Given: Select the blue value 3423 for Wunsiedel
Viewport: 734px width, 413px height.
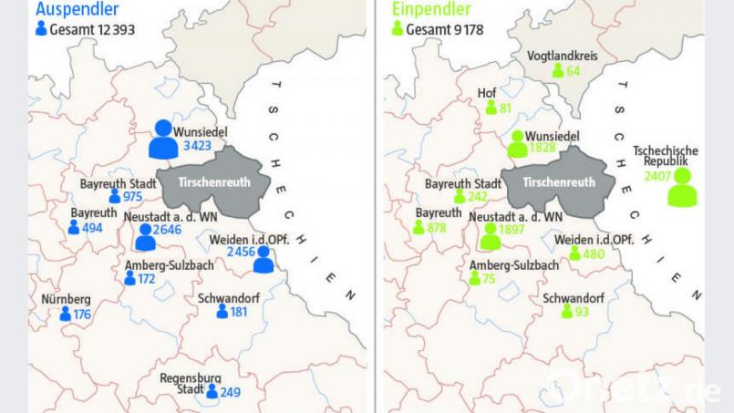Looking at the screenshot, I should point(197,146).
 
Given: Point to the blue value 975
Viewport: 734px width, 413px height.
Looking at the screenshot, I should point(133,197).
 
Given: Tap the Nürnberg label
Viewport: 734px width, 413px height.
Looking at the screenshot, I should point(66,299).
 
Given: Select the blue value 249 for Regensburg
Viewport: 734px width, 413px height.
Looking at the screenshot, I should point(229,392).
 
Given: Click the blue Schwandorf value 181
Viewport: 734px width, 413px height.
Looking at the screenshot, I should point(239,313).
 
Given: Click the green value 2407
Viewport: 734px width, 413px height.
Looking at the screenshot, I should point(656,176).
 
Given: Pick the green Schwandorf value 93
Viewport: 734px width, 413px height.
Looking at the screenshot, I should point(582,313).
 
